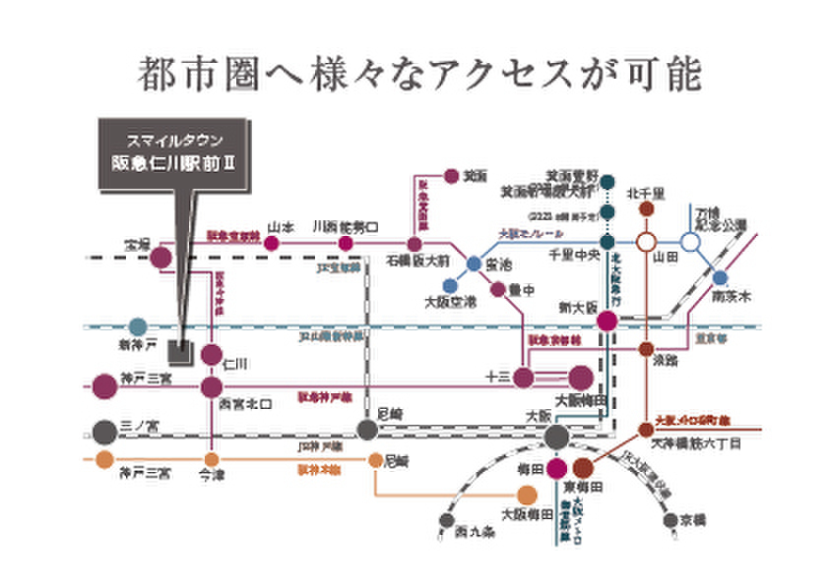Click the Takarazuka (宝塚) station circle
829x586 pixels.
pyautogui.click(x=160, y=259)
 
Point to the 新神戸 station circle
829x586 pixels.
pyautogui.click(x=138, y=326)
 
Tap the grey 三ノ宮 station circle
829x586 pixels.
pyautogui.click(x=104, y=431)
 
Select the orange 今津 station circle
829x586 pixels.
pyautogui.click(x=211, y=459)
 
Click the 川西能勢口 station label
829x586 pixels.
pyautogui.click(x=345, y=225)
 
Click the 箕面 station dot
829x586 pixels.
pyautogui.click(x=451, y=176)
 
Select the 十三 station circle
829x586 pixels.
pyautogui.click(x=523, y=377)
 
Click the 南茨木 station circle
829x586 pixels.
pyautogui.click(x=721, y=278)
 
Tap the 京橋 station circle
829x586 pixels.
pyautogui.click(x=670, y=520)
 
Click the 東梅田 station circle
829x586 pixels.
pyautogui.click(x=583, y=469)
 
